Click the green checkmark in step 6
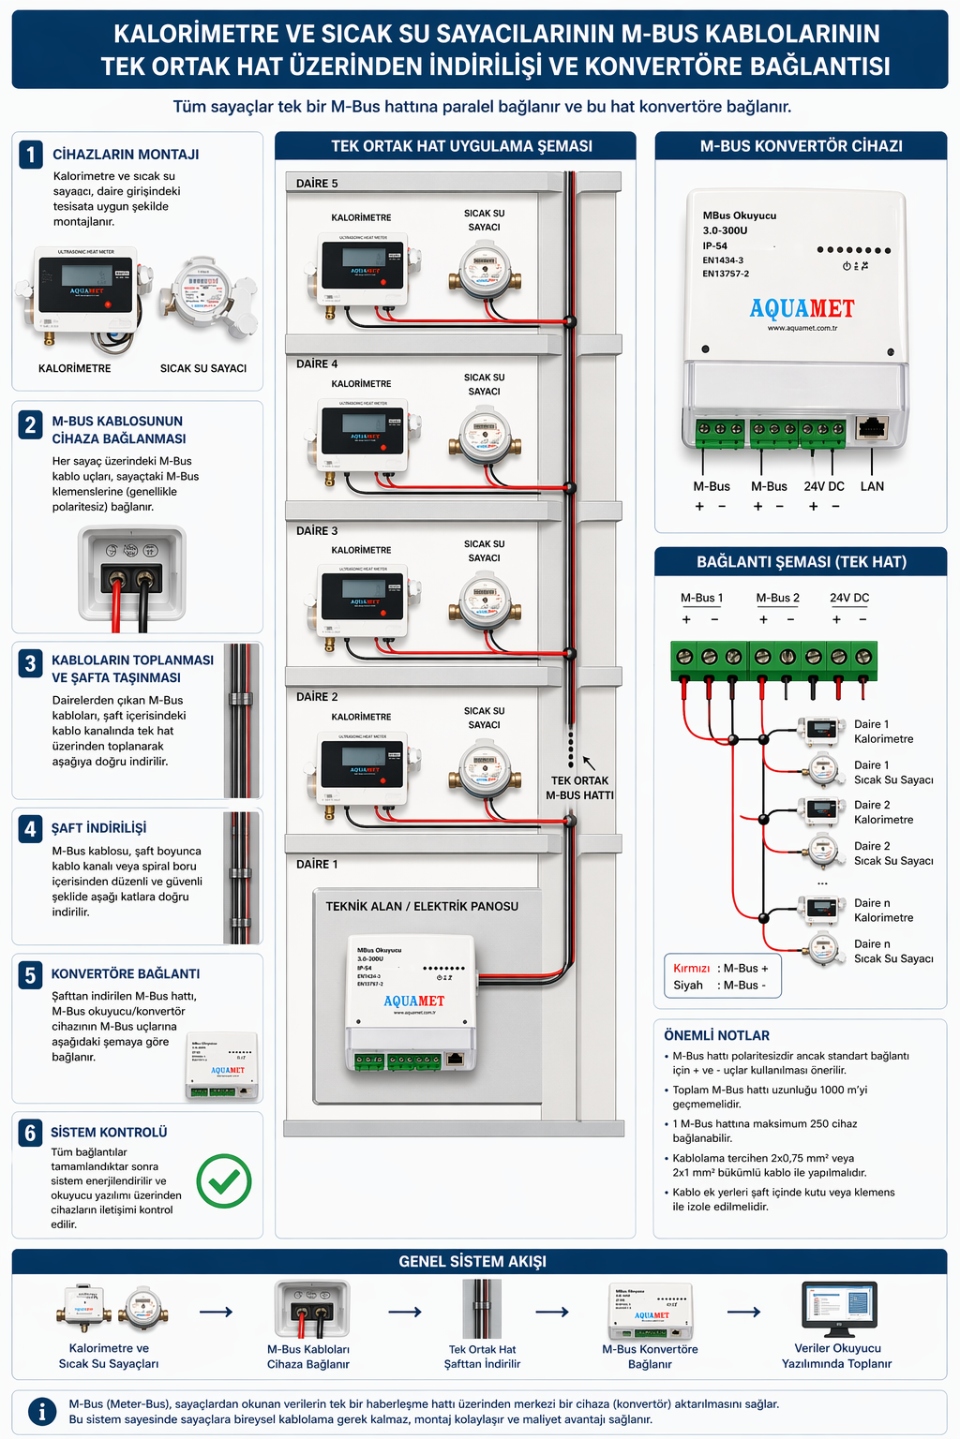tap(224, 1180)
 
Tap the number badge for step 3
tap(31, 663)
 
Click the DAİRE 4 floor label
tap(317, 363)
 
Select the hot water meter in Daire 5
tap(484, 269)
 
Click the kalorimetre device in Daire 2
tap(363, 764)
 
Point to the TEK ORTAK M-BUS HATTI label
tap(579, 788)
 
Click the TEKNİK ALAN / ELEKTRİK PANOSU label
tap(422, 906)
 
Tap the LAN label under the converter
tap(872, 486)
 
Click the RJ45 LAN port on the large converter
tap(872, 429)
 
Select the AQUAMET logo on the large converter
tap(802, 308)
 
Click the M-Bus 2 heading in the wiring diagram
tap(778, 598)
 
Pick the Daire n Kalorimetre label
tap(883, 911)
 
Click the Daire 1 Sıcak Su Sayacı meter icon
tap(822, 771)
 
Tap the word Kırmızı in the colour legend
tap(692, 968)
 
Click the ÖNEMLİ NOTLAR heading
tap(716, 1035)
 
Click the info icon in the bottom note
tap(41, 1411)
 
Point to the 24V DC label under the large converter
tap(824, 486)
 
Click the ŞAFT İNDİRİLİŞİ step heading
tap(98, 828)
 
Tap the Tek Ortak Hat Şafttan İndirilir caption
tap(482, 1357)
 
